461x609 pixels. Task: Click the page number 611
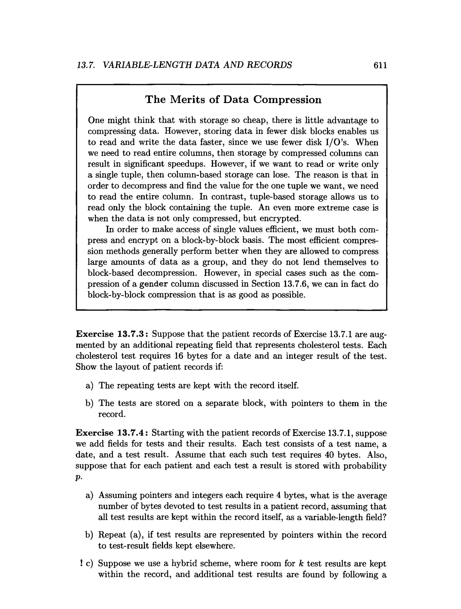click(x=380, y=65)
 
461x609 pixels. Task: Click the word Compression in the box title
click(x=287, y=99)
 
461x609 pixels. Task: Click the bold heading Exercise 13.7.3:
click(x=113, y=334)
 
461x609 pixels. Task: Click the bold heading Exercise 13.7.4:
click(x=112, y=433)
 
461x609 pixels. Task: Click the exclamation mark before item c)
click(x=81, y=563)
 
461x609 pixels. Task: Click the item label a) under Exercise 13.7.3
click(x=90, y=386)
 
